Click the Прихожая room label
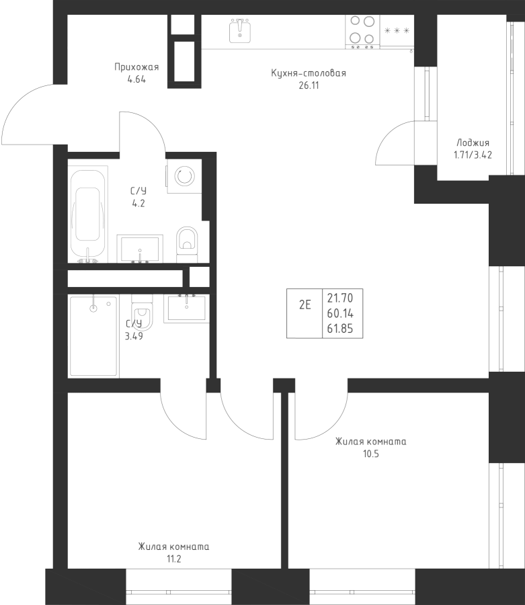(136, 67)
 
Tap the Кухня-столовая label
(309, 73)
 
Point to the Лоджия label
(473, 143)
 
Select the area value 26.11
(309, 85)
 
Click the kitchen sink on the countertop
(240, 30)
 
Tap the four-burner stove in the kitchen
(362, 32)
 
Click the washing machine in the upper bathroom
(184, 176)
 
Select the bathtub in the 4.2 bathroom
(87, 214)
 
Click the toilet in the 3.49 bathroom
(142, 315)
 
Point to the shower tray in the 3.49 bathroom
(93, 336)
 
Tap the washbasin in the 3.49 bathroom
(187, 308)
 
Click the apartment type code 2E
(305, 305)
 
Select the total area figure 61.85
(340, 329)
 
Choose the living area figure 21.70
(340, 298)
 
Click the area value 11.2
(174, 559)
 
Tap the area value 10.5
(370, 454)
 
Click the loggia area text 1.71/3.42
(473, 155)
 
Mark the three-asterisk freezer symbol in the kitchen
(397, 31)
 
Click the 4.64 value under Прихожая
(136, 80)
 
